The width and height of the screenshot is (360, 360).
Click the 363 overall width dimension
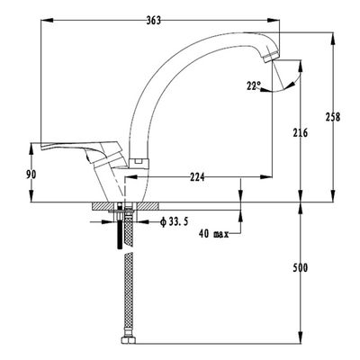tap(154, 21)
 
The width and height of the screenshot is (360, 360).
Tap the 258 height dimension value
tap(333, 117)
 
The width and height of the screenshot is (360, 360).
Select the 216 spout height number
tap(301, 132)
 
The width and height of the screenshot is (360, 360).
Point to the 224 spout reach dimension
tap(197, 177)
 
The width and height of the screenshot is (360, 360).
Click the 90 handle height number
tap(31, 175)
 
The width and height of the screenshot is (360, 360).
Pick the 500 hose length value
tap(301, 267)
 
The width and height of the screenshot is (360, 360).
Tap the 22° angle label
tap(254, 86)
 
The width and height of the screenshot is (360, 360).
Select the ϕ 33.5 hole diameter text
tap(174, 222)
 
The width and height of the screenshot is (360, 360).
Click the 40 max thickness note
tap(213, 234)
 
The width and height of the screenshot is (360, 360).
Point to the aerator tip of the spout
tap(272, 57)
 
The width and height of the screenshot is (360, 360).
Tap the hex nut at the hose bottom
tap(129, 341)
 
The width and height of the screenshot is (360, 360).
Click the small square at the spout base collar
tap(138, 162)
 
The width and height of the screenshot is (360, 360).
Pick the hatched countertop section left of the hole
tap(103, 206)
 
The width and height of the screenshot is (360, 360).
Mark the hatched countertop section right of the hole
tap(148, 206)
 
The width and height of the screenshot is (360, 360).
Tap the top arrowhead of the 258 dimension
tap(332, 38)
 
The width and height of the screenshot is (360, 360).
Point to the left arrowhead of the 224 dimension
tap(130, 177)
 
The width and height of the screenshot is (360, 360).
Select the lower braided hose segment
tap(129, 294)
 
